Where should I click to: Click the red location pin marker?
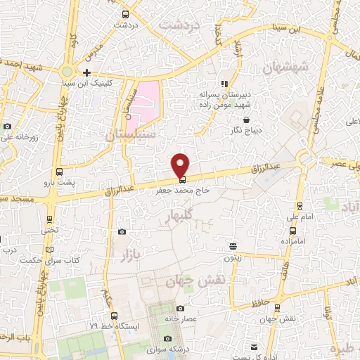click(181, 164)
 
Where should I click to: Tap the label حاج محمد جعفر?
click(181, 190)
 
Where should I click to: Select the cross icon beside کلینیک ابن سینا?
click(86, 72)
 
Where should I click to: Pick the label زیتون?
click(233, 257)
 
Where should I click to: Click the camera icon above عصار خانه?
click(180, 308)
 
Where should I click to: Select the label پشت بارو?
click(58, 183)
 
